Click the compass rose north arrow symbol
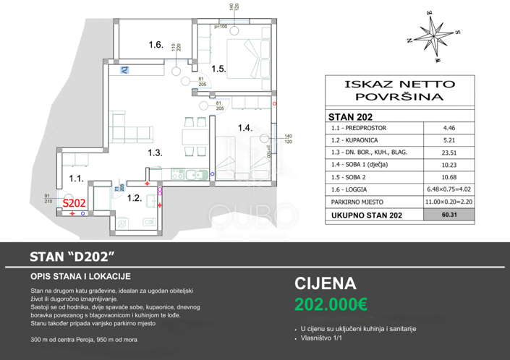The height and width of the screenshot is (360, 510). tap(434, 35)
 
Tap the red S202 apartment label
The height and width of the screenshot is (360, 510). tap(73, 205)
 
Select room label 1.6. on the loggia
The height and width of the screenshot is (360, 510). tap(156, 45)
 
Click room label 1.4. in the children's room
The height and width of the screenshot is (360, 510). tap(245, 128)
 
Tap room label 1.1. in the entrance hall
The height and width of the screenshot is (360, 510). tap(77, 177)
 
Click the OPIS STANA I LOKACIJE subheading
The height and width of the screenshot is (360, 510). tap(80, 276)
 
